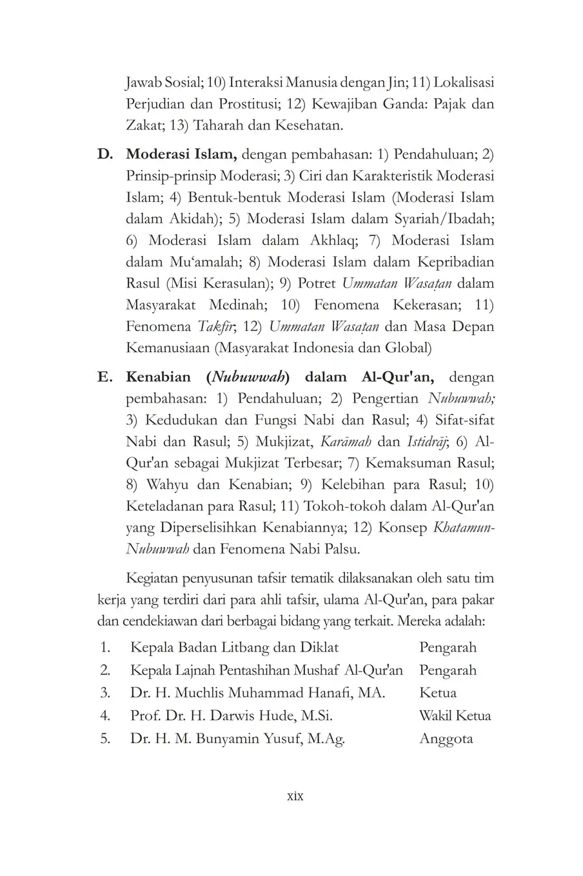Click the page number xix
294,796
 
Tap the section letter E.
105,377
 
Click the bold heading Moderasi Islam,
183,155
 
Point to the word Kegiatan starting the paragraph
155,577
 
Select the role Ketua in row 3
438,693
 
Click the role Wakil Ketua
455,715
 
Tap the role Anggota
446,739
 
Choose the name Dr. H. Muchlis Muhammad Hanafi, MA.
257,693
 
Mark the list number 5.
106,739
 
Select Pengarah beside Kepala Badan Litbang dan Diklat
448,647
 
